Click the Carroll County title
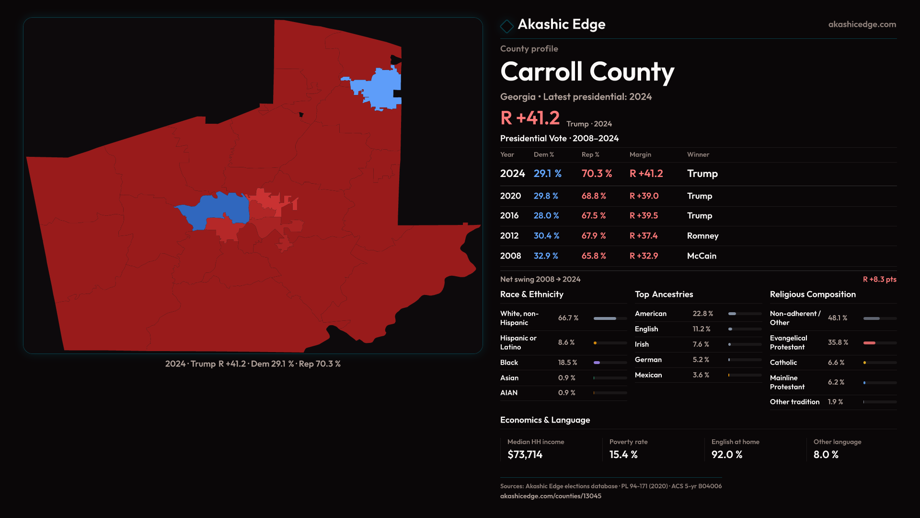(587, 72)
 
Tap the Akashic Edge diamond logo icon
(506, 26)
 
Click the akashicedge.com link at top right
(862, 24)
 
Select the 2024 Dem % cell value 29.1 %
(547, 174)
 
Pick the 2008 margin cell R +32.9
(644, 256)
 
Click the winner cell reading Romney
(702, 236)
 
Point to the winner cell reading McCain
(701, 256)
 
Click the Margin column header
(640, 154)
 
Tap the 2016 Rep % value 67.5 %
(594, 216)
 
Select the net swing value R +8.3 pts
(879, 279)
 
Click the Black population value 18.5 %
(567, 363)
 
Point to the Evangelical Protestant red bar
(869, 343)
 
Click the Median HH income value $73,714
(525, 455)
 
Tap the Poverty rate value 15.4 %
(623, 455)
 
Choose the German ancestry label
(648, 360)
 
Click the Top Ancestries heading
(664, 294)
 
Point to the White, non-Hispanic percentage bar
(605, 318)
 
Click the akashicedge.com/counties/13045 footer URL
(551, 496)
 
